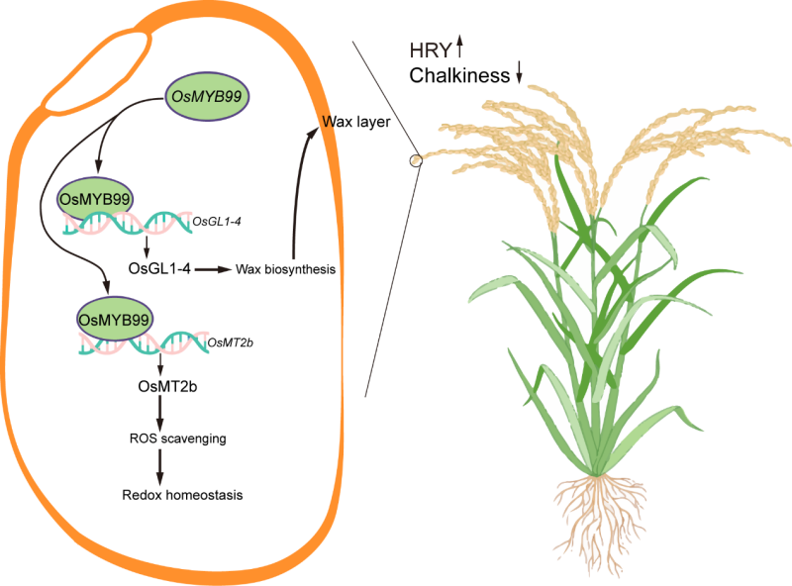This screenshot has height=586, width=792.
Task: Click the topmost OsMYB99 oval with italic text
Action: (x=206, y=96)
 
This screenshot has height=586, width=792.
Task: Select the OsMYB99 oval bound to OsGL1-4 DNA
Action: (x=97, y=199)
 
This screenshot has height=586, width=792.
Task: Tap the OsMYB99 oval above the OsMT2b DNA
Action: (x=117, y=320)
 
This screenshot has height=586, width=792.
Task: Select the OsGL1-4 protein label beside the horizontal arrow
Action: (x=159, y=268)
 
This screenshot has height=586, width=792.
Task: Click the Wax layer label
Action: (x=354, y=122)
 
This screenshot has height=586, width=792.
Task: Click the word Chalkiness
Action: (x=458, y=75)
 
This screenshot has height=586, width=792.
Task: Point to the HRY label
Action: (x=430, y=49)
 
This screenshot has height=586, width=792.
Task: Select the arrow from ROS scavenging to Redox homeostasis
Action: (x=158, y=466)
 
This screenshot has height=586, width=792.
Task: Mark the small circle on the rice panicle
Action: (x=417, y=159)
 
